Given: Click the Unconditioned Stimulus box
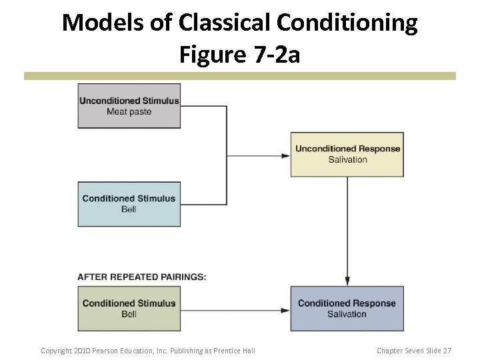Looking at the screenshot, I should [x=129, y=105].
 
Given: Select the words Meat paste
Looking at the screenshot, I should [x=129, y=111].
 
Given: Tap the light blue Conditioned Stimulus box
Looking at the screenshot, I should [x=129, y=204].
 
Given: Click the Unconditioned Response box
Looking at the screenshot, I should [x=347, y=154].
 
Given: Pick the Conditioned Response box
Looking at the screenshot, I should [x=347, y=309].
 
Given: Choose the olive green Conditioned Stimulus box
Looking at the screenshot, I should [x=129, y=309].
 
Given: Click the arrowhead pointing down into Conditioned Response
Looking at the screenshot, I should [x=347, y=281].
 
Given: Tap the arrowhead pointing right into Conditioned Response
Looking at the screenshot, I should [x=286, y=309].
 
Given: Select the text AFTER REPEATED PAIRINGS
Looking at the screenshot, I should [x=142, y=277].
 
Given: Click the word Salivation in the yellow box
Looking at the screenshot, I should [x=347, y=160].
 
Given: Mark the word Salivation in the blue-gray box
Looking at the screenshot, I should [x=347, y=314].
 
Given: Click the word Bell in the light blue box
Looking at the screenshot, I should [x=129, y=209].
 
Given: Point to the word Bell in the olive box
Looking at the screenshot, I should [x=129, y=314].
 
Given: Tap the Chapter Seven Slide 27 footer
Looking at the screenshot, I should [x=414, y=351].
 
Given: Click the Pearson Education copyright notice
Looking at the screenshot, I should [x=148, y=351].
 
